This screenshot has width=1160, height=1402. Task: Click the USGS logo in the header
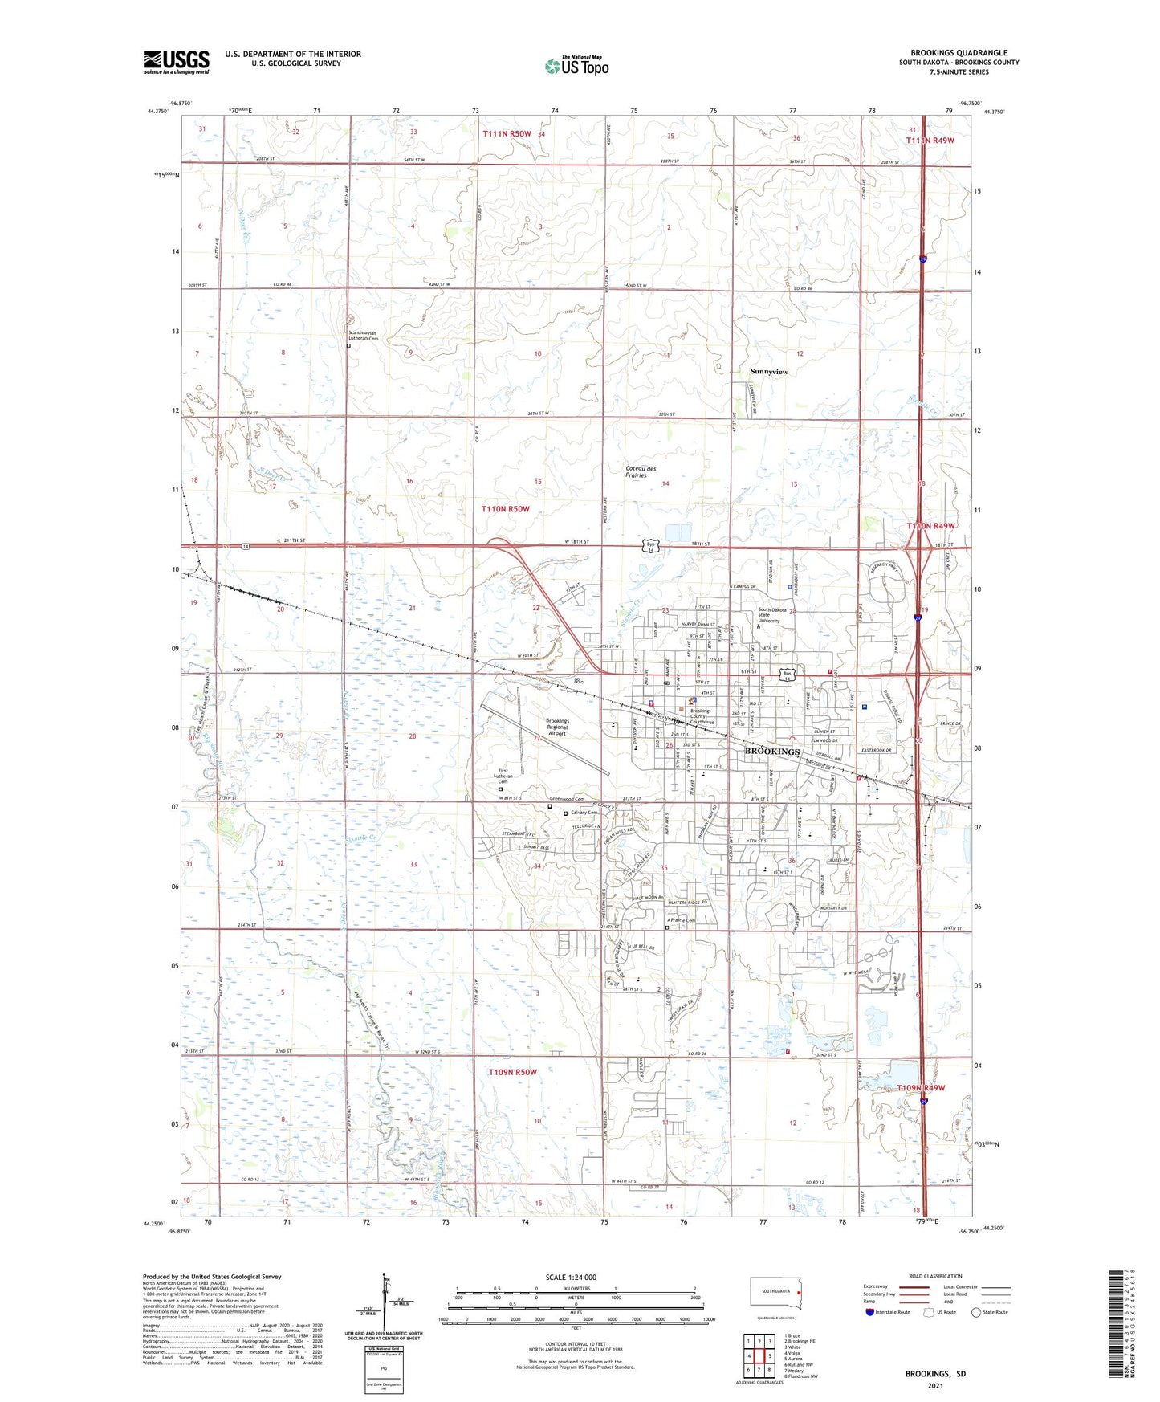coord(177,62)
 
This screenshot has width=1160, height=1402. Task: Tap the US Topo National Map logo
coord(576,65)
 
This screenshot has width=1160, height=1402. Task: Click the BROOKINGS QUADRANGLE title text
coord(959,53)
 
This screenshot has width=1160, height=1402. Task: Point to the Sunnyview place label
coord(769,372)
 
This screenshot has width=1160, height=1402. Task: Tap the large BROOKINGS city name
coord(772,752)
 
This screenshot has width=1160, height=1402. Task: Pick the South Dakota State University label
coord(769,615)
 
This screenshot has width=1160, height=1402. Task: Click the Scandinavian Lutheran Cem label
coord(364,336)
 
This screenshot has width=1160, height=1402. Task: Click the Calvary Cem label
coord(584,813)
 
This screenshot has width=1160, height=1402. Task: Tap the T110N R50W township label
coord(506,509)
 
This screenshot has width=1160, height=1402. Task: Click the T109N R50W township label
coord(513,1072)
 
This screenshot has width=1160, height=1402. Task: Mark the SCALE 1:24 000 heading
coord(571,1277)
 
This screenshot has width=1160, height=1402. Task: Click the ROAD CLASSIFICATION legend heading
coord(935,1276)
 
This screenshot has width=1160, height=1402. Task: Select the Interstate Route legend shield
coord(870,1312)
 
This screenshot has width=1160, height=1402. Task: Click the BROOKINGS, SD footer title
coord(935,1373)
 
